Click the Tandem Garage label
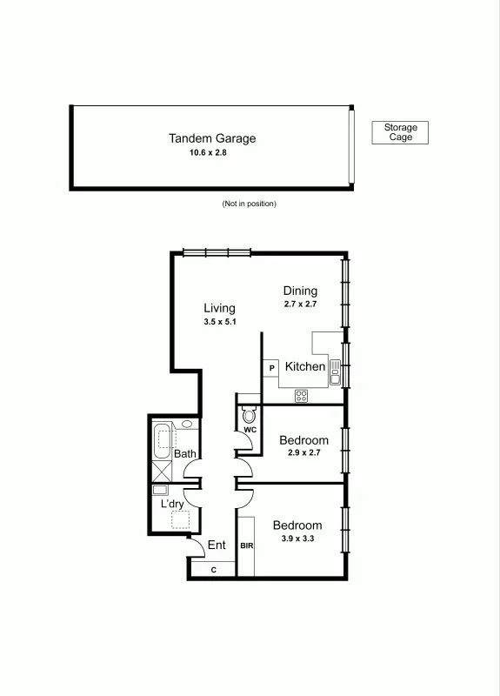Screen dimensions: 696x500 point(211,138)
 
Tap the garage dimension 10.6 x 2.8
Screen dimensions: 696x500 point(211,153)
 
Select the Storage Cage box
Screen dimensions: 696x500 point(400,132)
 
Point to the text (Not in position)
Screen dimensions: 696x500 point(249,204)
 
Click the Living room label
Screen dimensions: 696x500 point(219,308)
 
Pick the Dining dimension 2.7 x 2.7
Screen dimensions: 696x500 point(300,305)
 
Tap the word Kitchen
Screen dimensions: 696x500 point(305,367)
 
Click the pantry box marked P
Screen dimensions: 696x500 point(271,368)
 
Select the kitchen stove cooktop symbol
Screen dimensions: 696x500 point(302,395)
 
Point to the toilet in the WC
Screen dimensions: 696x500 point(249,414)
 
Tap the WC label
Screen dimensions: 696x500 point(249,430)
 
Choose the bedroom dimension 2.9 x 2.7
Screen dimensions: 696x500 point(303,453)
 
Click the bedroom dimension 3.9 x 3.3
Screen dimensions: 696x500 point(297,539)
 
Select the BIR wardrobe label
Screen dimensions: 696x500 point(246,545)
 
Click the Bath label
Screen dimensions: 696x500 point(184,454)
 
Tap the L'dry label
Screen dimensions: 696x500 point(171,504)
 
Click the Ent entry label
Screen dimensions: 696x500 point(217,545)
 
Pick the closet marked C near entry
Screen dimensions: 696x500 point(213,569)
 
